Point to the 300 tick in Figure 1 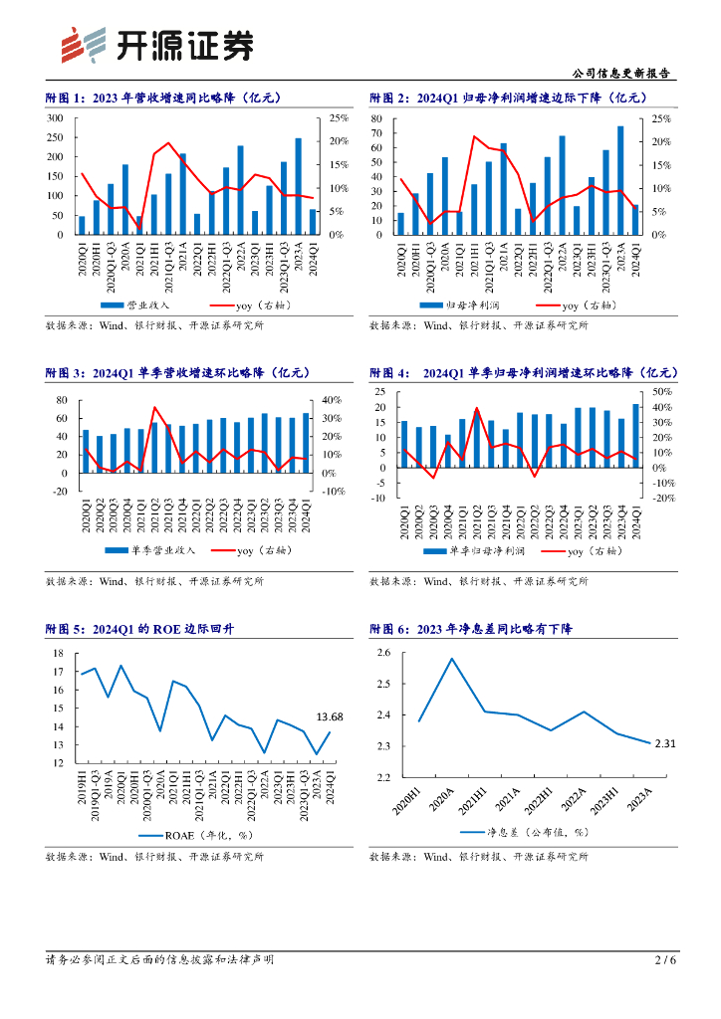55,118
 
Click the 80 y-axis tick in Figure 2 377,118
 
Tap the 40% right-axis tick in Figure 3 332,400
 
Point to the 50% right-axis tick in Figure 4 661,392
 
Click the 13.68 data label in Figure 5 330,716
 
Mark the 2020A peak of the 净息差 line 451,659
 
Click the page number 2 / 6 665,959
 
